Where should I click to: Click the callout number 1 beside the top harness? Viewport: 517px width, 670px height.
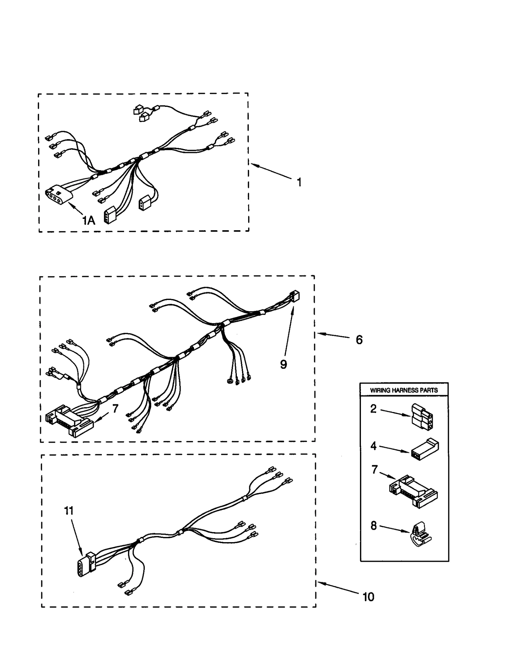point(299,182)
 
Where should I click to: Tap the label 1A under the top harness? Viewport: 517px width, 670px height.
point(88,221)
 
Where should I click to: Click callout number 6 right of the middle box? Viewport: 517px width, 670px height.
point(359,340)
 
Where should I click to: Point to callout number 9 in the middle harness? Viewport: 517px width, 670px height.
point(283,365)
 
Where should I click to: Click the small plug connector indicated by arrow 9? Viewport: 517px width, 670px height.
point(295,296)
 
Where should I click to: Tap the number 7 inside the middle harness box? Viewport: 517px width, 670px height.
point(115,408)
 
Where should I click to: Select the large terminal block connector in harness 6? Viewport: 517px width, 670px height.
point(69,421)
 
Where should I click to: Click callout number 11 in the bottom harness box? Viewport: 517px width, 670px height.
point(69,511)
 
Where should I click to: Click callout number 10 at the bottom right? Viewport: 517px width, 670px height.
point(368,597)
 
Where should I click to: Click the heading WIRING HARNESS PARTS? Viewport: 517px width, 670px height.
point(404,390)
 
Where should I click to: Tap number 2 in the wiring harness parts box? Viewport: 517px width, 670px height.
point(373,409)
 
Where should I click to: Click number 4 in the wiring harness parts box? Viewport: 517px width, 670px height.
point(373,446)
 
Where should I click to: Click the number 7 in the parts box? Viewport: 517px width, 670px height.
point(374,469)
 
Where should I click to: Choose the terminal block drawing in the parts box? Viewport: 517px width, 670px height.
point(414,491)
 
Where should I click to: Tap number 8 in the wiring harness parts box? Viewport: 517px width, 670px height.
point(374,526)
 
